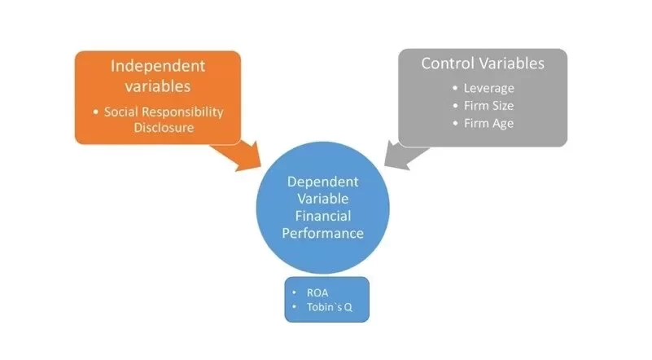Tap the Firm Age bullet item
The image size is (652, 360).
(x=488, y=124)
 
